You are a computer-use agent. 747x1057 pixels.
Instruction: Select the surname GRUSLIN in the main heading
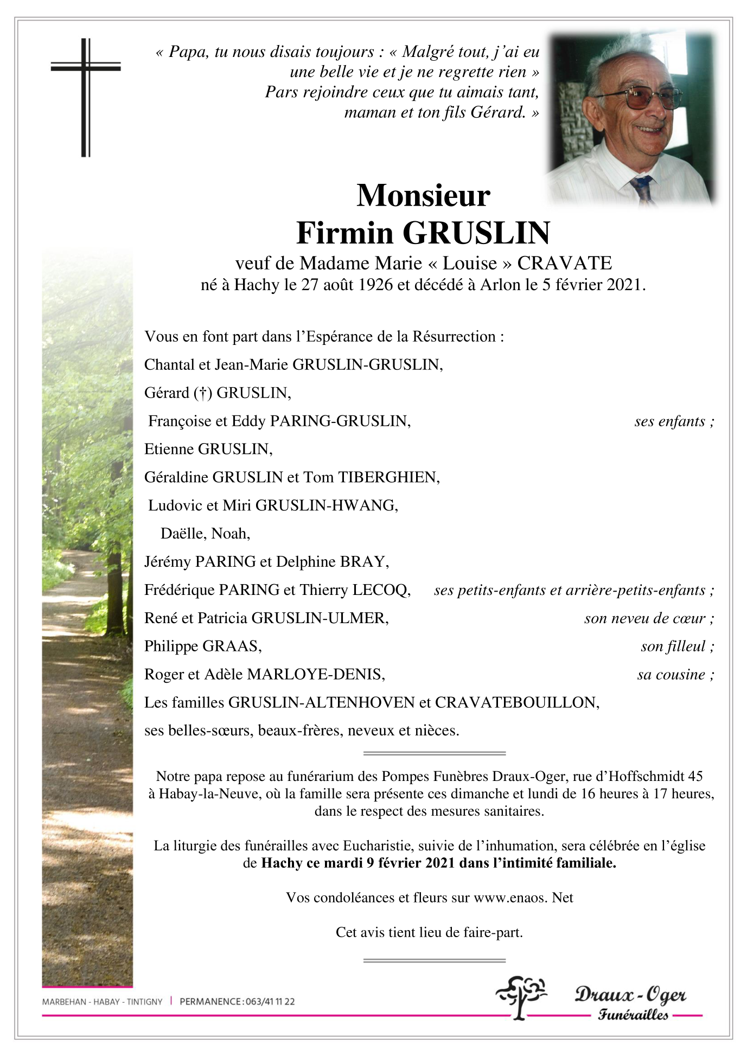(476, 233)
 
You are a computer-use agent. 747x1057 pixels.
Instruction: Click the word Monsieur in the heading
(423, 196)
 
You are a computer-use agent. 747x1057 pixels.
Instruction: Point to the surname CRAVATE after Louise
(564, 264)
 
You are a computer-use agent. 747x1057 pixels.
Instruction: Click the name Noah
(230, 534)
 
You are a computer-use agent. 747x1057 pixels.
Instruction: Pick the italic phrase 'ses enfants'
(674, 421)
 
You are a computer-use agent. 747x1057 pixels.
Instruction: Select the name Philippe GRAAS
(203, 646)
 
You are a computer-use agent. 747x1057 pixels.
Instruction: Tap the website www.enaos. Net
(523, 898)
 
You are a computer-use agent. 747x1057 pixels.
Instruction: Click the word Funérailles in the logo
(633, 1015)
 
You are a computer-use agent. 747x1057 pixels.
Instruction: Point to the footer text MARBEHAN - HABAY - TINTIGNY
(102, 1002)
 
